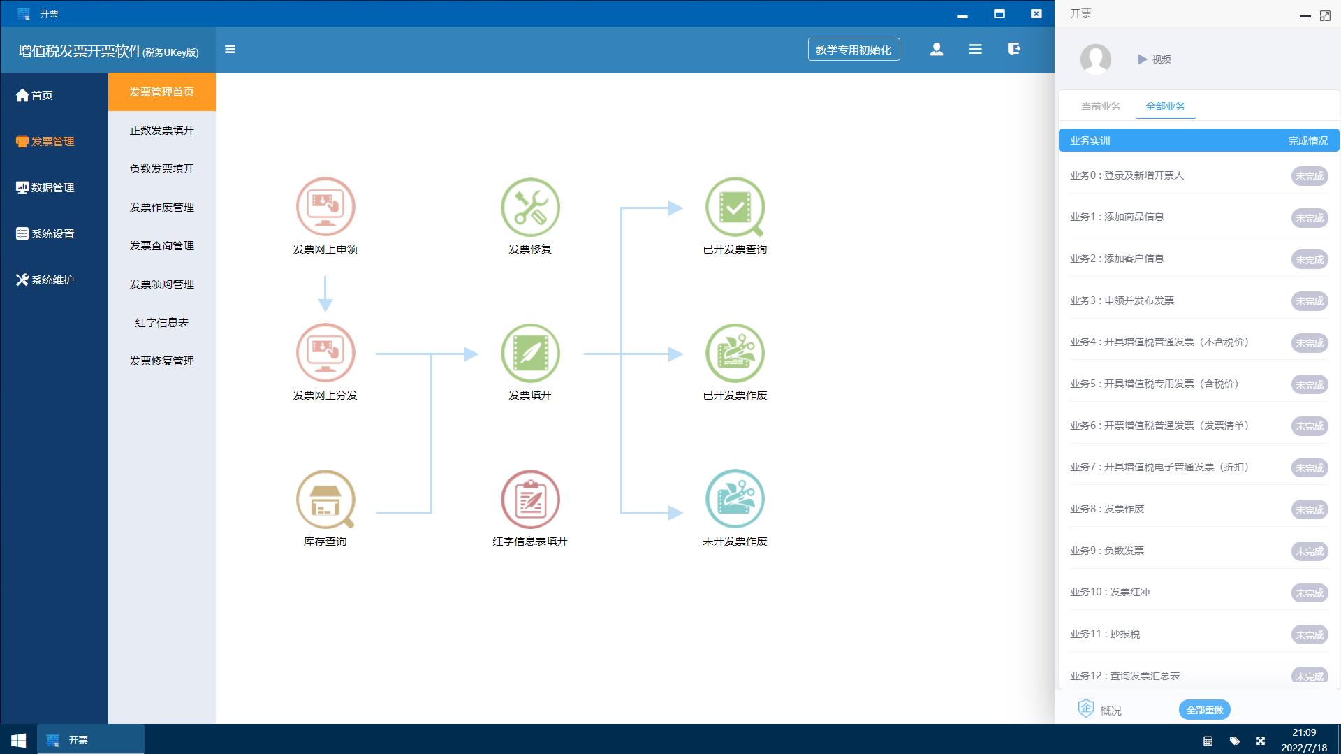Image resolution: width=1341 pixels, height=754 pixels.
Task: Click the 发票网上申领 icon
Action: coord(325,207)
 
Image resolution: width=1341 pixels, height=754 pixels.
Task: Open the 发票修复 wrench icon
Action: coord(530,207)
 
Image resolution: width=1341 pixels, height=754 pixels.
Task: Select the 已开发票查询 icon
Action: coord(735,207)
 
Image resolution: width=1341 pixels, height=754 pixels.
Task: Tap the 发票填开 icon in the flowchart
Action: coord(530,353)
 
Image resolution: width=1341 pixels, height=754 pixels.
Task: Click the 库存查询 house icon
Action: coord(325,499)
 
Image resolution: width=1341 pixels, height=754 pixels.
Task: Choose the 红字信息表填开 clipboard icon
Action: coord(530,499)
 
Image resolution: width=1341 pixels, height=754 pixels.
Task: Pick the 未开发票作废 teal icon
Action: coord(735,499)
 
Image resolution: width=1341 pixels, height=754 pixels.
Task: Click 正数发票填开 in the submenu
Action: coord(162,131)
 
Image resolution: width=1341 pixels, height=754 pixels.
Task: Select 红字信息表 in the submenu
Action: coord(162,323)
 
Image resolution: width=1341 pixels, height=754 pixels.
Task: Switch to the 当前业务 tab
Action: coord(1101,106)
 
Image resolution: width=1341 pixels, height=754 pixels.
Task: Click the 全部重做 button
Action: coord(1205,710)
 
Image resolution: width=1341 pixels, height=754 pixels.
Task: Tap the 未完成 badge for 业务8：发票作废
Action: coord(1310,509)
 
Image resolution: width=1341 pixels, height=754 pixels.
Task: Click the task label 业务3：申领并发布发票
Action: coord(1122,300)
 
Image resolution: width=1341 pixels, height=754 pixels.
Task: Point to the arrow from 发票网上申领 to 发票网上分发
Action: coord(325,293)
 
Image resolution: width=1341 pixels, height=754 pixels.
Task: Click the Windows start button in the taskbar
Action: coord(19,740)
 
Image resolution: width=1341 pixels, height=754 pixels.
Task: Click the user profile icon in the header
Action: coord(937,49)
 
